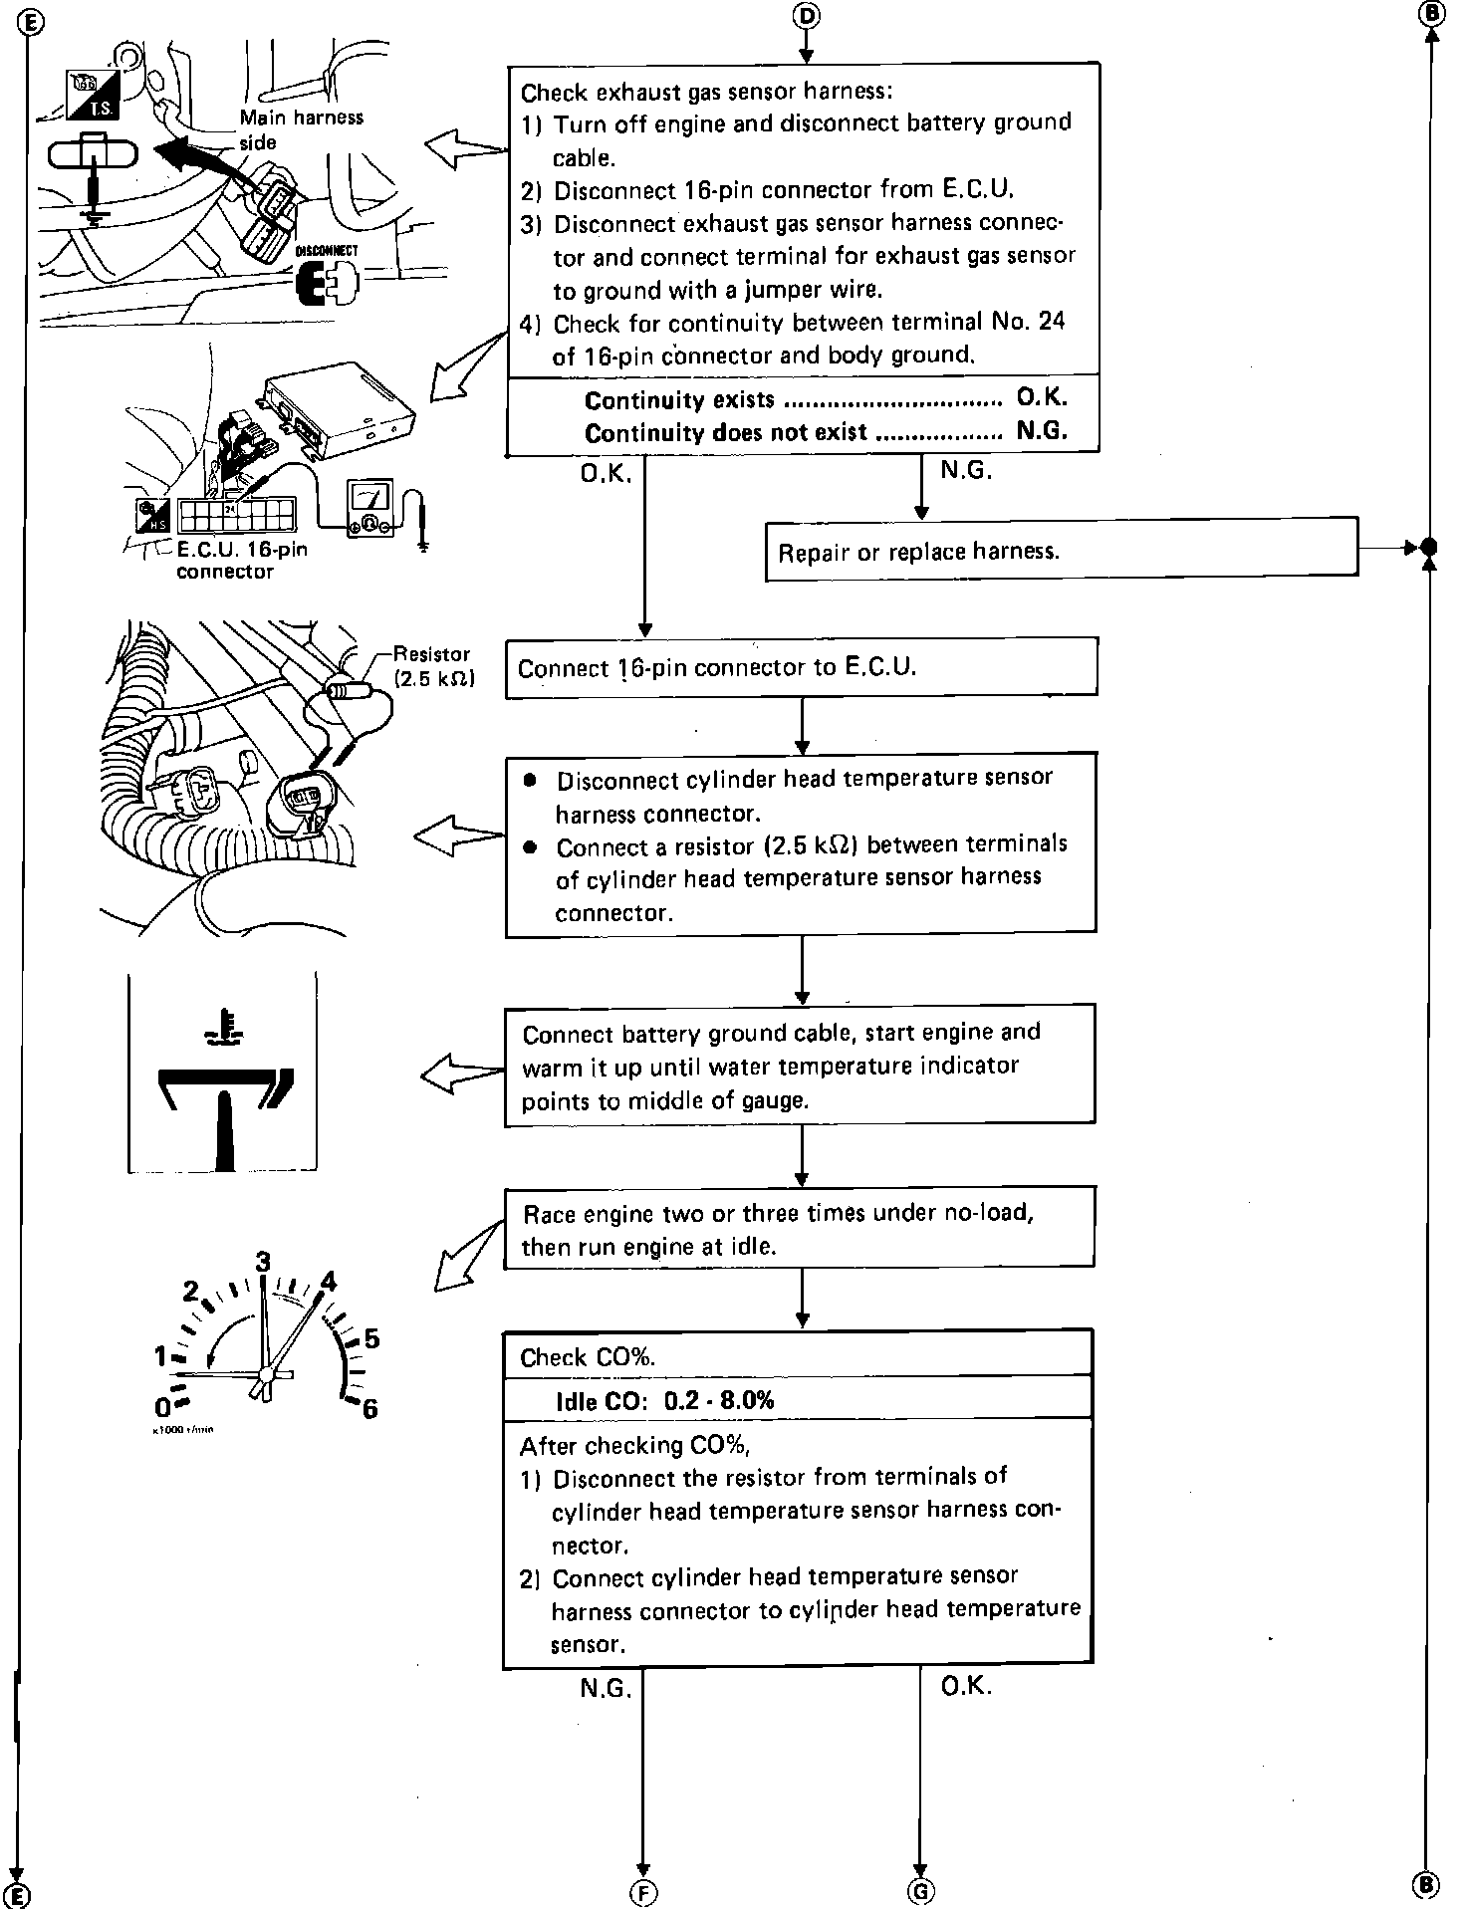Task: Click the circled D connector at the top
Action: click(x=806, y=15)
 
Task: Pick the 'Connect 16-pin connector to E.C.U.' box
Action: click(x=801, y=667)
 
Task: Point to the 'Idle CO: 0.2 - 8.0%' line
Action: click(x=664, y=1399)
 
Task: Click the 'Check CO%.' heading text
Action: click(x=587, y=1357)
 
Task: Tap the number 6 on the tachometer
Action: click(x=370, y=1409)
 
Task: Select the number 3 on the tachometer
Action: click(x=262, y=1263)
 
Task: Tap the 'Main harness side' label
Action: click(x=300, y=129)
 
